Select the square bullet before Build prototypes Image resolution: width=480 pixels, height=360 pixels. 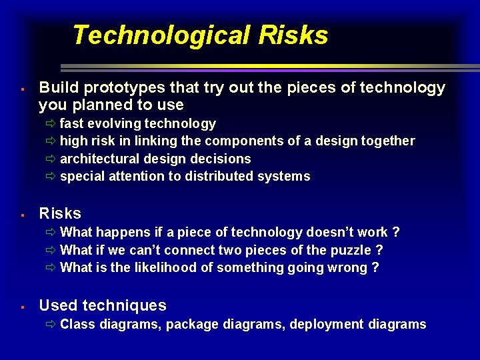23,89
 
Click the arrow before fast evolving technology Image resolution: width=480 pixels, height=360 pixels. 51,124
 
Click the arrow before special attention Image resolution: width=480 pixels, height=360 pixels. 51,177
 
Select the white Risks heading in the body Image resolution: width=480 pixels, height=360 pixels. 60,214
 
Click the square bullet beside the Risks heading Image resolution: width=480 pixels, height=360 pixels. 23,215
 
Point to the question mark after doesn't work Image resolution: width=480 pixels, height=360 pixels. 396,232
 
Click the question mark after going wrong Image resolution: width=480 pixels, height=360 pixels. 375,267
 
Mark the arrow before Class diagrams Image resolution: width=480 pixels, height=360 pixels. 51,325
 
